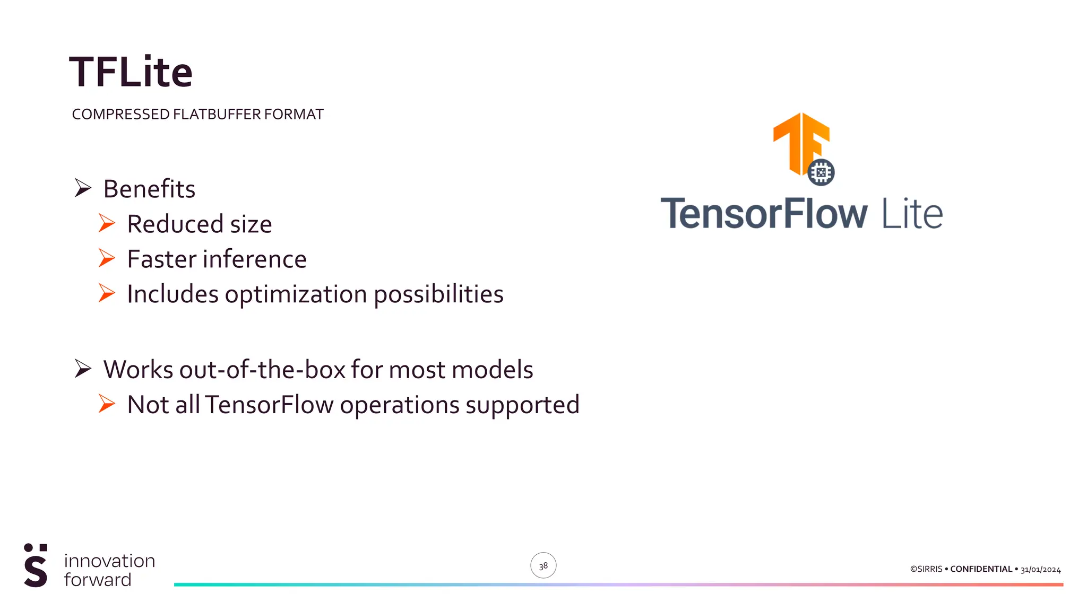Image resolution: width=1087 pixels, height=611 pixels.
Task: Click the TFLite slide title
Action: (131, 72)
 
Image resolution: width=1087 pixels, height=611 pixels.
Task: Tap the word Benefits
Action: (149, 189)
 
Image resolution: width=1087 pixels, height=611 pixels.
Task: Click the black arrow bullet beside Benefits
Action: (83, 188)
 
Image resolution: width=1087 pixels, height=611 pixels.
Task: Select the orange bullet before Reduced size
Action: (107, 223)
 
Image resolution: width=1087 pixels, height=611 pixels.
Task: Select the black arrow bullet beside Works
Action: (83, 368)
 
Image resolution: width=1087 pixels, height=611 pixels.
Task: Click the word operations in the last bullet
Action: (400, 406)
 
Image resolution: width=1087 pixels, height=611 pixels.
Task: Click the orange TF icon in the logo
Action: (799, 141)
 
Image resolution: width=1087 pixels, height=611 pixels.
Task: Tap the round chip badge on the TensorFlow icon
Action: (821, 172)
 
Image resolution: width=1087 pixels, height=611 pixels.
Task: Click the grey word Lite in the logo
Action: (912, 214)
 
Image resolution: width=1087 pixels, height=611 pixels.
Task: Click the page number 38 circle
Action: (543, 565)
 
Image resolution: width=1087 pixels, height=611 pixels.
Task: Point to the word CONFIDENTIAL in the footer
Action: (981, 569)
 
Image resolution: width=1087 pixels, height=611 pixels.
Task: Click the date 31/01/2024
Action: (1040, 570)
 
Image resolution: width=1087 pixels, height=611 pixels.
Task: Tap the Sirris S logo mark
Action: (36, 566)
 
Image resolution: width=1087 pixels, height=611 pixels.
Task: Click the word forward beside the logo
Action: (98, 580)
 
